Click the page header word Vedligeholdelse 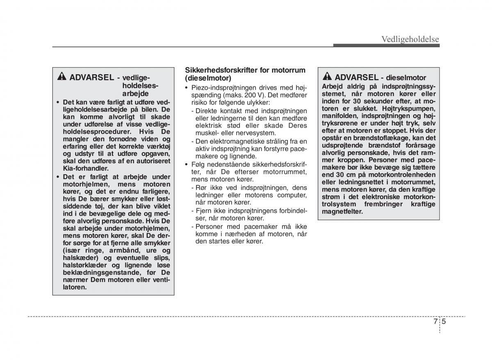pos(410,39)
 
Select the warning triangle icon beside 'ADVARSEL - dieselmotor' pos(327,77)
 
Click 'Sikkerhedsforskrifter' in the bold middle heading pos(221,70)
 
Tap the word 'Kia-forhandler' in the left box pos(85,169)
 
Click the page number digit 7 pos(435,322)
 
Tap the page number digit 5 pos(444,322)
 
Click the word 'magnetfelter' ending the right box pos(342,212)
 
